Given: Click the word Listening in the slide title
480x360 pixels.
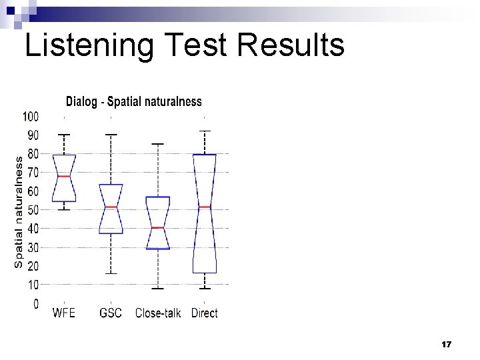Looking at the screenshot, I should [83, 45].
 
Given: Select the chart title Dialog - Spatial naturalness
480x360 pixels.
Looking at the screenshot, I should [133, 102].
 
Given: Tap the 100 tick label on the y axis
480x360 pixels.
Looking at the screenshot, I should [31, 117].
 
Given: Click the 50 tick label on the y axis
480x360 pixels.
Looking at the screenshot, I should [33, 210].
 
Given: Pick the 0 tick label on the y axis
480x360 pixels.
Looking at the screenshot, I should [35, 304].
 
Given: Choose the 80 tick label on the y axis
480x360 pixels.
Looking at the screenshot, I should [33, 154].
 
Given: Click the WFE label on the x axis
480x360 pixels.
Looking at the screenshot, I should [64, 313].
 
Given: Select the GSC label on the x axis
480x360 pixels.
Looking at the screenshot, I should [111, 313].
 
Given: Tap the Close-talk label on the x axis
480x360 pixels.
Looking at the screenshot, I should [158, 313].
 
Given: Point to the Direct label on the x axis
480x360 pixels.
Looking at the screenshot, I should [204, 313].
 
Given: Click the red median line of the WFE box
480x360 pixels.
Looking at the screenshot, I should [64, 176].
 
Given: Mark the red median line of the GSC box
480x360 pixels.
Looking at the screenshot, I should [111, 207].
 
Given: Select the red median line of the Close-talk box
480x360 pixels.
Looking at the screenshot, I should [158, 227].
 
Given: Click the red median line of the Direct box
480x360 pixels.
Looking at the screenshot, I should [205, 207].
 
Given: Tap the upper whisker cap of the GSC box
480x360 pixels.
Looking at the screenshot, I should [111, 135].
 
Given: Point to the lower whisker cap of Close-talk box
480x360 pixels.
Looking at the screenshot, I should [158, 289].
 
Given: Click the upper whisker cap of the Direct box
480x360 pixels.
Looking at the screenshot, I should [205, 131].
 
